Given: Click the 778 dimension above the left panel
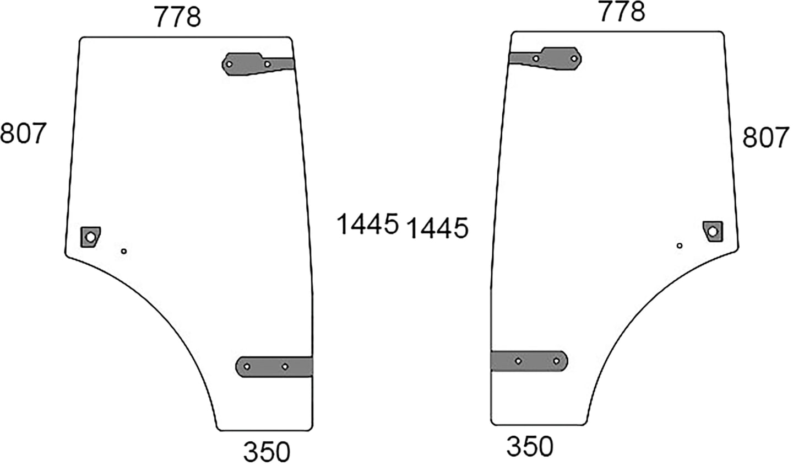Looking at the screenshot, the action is click(177, 18).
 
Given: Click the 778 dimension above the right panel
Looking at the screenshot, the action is click(622, 12).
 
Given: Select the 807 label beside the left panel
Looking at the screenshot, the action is click(23, 133).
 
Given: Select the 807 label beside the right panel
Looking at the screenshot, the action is click(765, 138).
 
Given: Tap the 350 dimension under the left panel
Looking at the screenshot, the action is click(267, 452).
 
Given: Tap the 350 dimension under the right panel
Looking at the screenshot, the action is click(530, 446).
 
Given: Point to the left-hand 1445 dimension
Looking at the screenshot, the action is click(367, 224).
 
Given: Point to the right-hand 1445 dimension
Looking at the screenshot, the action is click(438, 228).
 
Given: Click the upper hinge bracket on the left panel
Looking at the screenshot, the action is click(258, 64).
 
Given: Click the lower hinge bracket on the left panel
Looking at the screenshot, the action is click(274, 367).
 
